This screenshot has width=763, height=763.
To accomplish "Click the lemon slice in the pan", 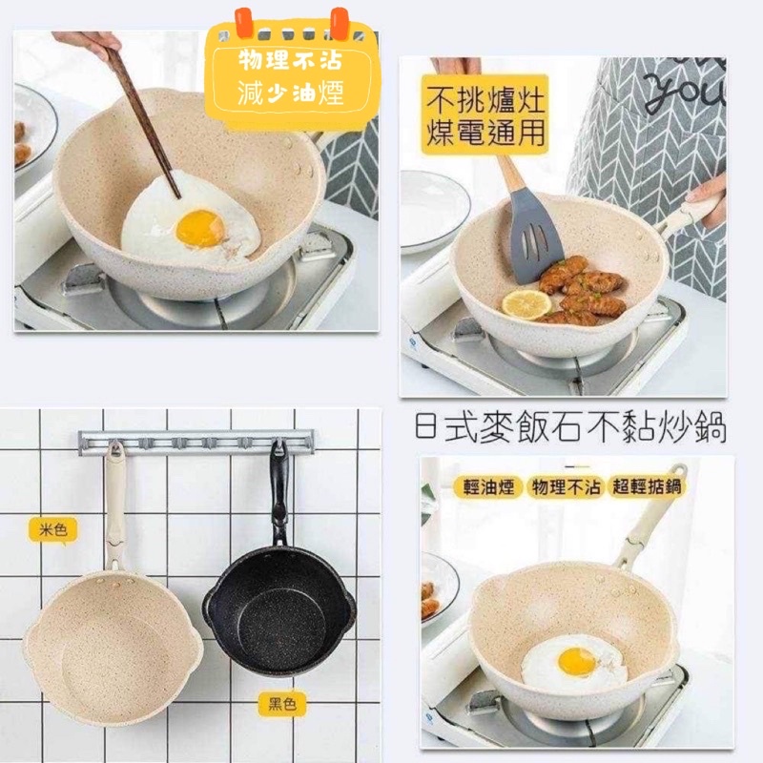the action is pyautogui.click(x=526, y=304).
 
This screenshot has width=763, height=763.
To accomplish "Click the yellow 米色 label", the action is pyautogui.click(x=52, y=529).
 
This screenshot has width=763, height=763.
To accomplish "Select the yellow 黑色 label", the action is pyautogui.click(x=281, y=704).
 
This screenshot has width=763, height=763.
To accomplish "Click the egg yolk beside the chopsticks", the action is pyautogui.click(x=200, y=228).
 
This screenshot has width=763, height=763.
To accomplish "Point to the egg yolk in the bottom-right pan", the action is pyautogui.click(x=577, y=662).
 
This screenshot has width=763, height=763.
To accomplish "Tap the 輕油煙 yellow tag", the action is pyautogui.click(x=488, y=486).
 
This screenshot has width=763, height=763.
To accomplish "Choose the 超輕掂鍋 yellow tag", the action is pyautogui.click(x=647, y=486).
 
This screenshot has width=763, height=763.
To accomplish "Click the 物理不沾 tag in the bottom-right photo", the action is pyautogui.click(x=566, y=486).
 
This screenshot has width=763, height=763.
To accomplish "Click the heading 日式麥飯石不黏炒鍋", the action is pyautogui.click(x=571, y=427).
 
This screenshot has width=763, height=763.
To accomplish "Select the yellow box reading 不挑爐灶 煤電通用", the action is pyautogui.click(x=485, y=114).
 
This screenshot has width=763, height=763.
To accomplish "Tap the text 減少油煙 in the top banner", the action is pyautogui.click(x=291, y=93).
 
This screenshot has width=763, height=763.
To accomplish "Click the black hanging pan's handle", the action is pyautogui.click(x=278, y=491).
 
